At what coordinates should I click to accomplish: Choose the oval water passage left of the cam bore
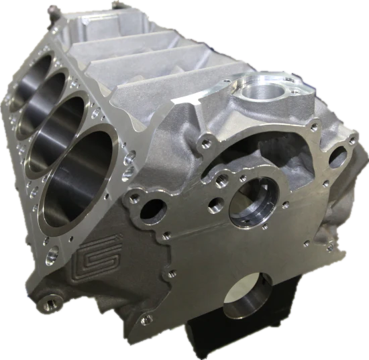click(151, 208)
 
